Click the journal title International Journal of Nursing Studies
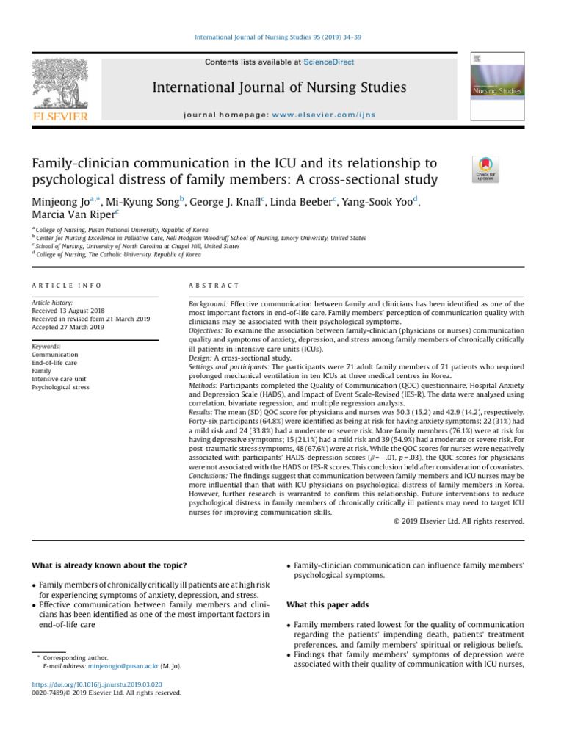point(279,89)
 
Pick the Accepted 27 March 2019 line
point(71,327)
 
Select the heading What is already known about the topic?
point(109,565)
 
